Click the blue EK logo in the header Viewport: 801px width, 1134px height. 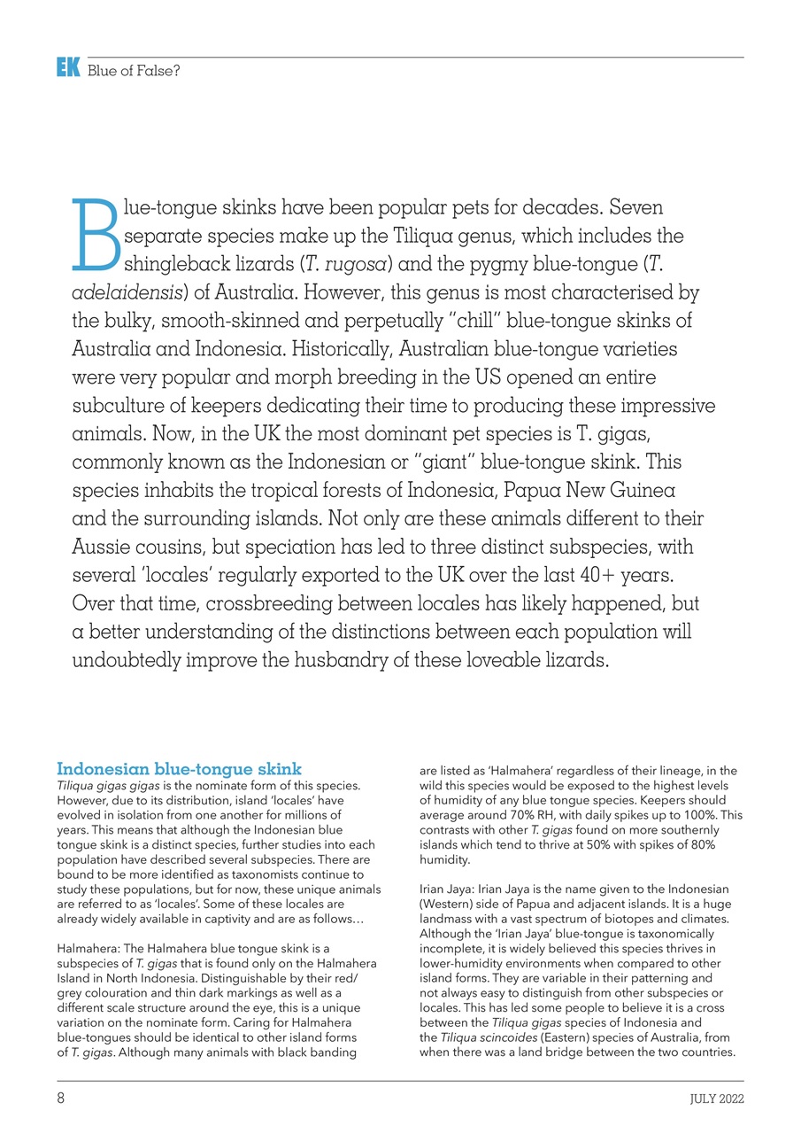68,67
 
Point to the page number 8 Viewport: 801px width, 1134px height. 61,1099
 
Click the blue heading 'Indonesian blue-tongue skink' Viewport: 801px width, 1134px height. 179,768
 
